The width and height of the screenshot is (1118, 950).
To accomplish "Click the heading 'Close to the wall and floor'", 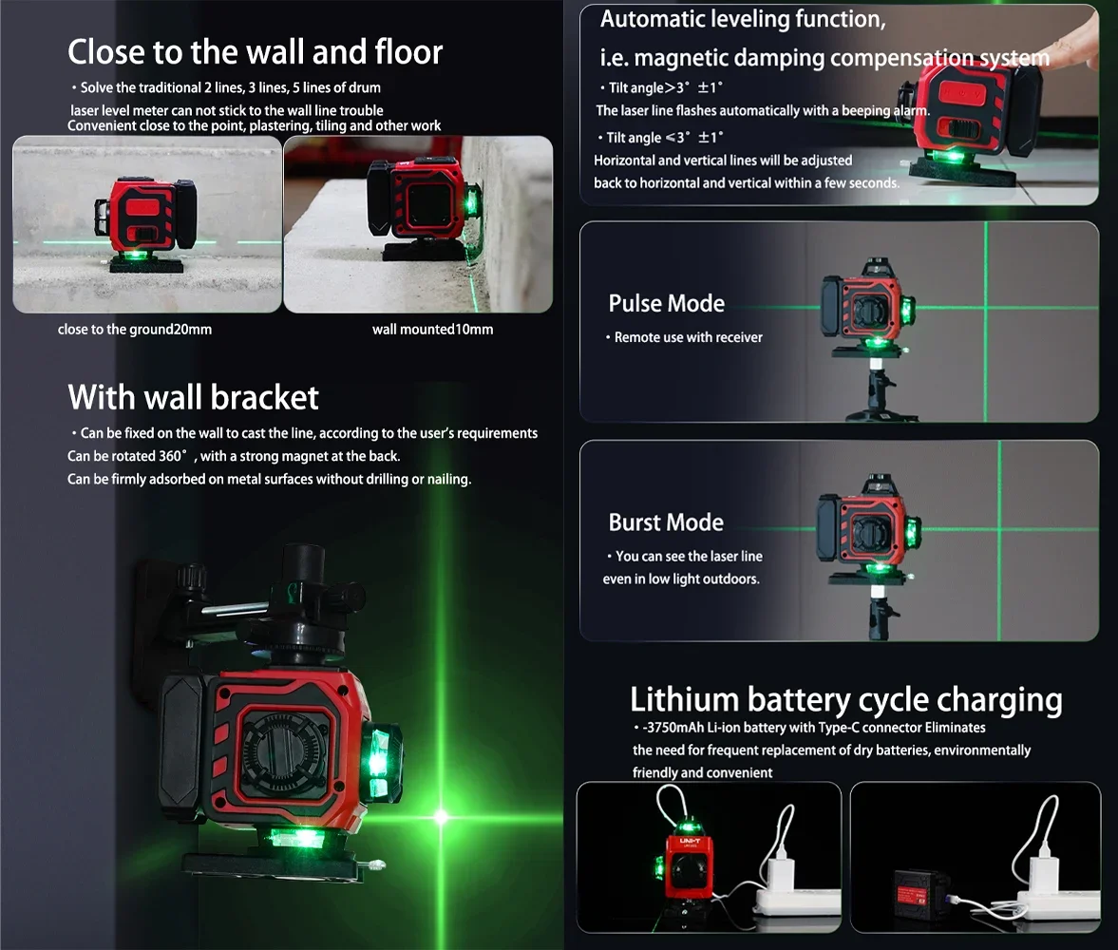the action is click(255, 52).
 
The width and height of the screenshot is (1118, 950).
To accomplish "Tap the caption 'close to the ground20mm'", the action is click(135, 330).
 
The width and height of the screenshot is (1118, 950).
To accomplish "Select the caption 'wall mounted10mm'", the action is click(433, 330).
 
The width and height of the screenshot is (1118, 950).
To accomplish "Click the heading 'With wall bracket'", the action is click(193, 397).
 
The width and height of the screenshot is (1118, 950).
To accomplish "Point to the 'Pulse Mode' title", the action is click(667, 304).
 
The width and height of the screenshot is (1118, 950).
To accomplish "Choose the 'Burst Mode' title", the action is click(666, 522).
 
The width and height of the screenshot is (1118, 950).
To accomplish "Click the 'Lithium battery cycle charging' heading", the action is click(846, 699).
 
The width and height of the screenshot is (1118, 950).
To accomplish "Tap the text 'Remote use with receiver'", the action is click(688, 337).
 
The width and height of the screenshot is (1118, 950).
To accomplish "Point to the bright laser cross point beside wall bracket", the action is click(442, 817).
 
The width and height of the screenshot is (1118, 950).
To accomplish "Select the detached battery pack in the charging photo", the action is click(921, 890).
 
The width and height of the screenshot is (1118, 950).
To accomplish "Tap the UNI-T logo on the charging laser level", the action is click(690, 842).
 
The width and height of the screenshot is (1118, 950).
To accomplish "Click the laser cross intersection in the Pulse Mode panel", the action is click(986, 308).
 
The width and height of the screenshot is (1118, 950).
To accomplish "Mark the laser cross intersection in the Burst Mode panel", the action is click(999, 529).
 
